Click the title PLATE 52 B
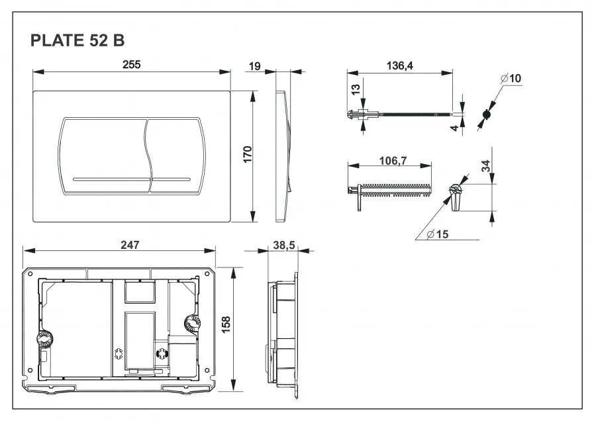[77, 40]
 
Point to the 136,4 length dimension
[400, 66]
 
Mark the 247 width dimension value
[130, 244]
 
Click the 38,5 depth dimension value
[283, 245]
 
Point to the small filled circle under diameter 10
[487, 114]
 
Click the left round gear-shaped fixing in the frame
[44, 339]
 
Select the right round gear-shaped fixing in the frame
[190, 324]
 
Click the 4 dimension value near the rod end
[455, 128]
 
